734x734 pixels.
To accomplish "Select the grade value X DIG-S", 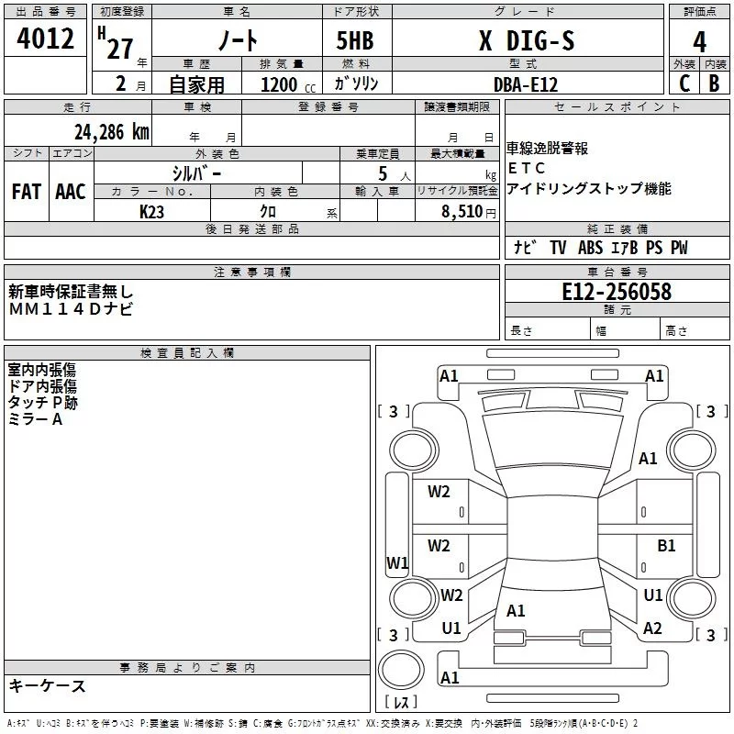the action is click(527, 42).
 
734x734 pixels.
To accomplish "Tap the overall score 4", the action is click(699, 42).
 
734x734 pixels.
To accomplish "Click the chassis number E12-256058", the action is click(617, 292).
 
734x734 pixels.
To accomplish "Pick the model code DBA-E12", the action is click(525, 83).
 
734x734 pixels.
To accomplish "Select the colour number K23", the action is click(152, 211).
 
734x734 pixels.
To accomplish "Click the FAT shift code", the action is click(27, 192).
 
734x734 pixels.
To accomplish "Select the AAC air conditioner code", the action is click(70, 192).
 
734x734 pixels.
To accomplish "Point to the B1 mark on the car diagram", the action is click(667, 546).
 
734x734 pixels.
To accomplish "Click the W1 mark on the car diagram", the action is click(397, 562).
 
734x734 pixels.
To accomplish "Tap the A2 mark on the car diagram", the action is click(652, 628).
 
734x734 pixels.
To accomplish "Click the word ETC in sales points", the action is click(528, 169).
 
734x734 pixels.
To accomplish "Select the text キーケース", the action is click(48, 685).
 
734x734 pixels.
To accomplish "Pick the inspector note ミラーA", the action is click(36, 418).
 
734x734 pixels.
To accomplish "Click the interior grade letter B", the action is click(714, 83).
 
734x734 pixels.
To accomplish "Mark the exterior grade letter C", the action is click(684, 83).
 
